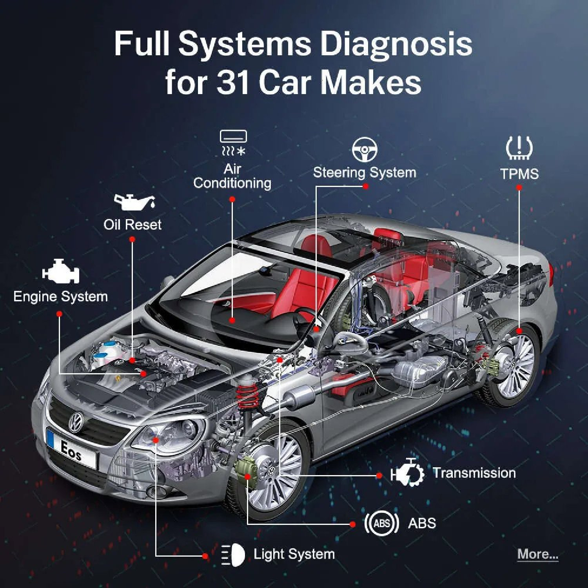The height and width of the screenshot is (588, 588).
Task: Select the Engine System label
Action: [x=60, y=297]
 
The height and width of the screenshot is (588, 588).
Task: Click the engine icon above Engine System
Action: [x=61, y=271]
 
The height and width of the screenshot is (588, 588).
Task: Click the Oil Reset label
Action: [x=132, y=225]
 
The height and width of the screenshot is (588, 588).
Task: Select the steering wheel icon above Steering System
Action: [x=364, y=149]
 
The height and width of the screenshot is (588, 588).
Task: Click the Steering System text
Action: [x=365, y=172]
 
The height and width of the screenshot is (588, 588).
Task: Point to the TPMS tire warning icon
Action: [x=519, y=148]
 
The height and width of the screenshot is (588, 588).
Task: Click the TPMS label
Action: [x=519, y=174]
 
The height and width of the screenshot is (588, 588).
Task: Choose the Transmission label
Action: [x=474, y=473]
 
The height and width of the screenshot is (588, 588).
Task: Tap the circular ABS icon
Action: [x=381, y=523]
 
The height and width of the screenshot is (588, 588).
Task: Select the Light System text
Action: [x=294, y=554]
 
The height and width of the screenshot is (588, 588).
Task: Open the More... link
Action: [x=537, y=554]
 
